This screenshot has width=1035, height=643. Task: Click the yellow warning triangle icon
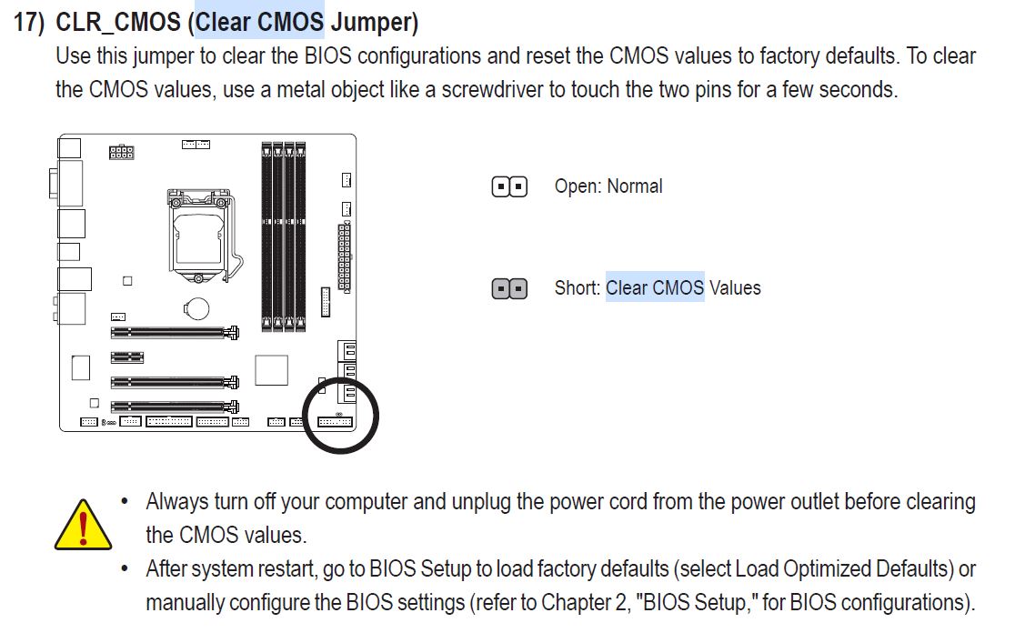[x=83, y=525]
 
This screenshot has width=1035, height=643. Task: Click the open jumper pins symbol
[x=509, y=187]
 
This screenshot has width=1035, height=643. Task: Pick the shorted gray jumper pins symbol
[x=509, y=289]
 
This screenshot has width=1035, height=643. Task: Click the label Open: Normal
[x=608, y=186]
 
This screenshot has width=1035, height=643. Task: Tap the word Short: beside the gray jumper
[x=578, y=288]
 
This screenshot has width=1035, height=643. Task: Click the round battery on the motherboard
[x=196, y=309]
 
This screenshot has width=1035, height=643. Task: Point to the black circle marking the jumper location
[x=340, y=415]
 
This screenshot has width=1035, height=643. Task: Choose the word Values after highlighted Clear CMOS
[x=735, y=288]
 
